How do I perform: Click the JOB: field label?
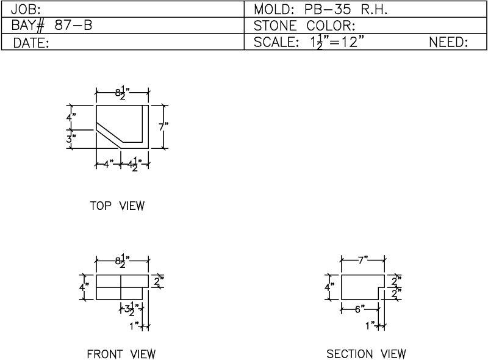point(26,10)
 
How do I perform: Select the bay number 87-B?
point(73,25)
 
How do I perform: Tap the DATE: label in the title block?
point(31,43)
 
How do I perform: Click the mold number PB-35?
point(328,10)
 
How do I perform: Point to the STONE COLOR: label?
point(304,26)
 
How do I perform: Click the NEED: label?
point(448,42)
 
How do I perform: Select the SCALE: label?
point(276,42)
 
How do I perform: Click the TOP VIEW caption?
point(117,206)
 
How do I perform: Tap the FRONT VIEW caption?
point(121,354)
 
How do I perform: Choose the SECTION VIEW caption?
point(367,354)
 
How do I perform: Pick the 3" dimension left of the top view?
point(71,139)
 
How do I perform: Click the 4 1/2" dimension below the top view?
point(134,164)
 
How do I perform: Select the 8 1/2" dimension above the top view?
point(123,93)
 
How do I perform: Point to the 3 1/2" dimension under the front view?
point(132,309)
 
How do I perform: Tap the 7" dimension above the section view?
point(362,260)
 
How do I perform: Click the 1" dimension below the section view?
point(370,326)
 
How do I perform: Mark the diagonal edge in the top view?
point(109,135)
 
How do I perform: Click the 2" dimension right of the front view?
point(159,281)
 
